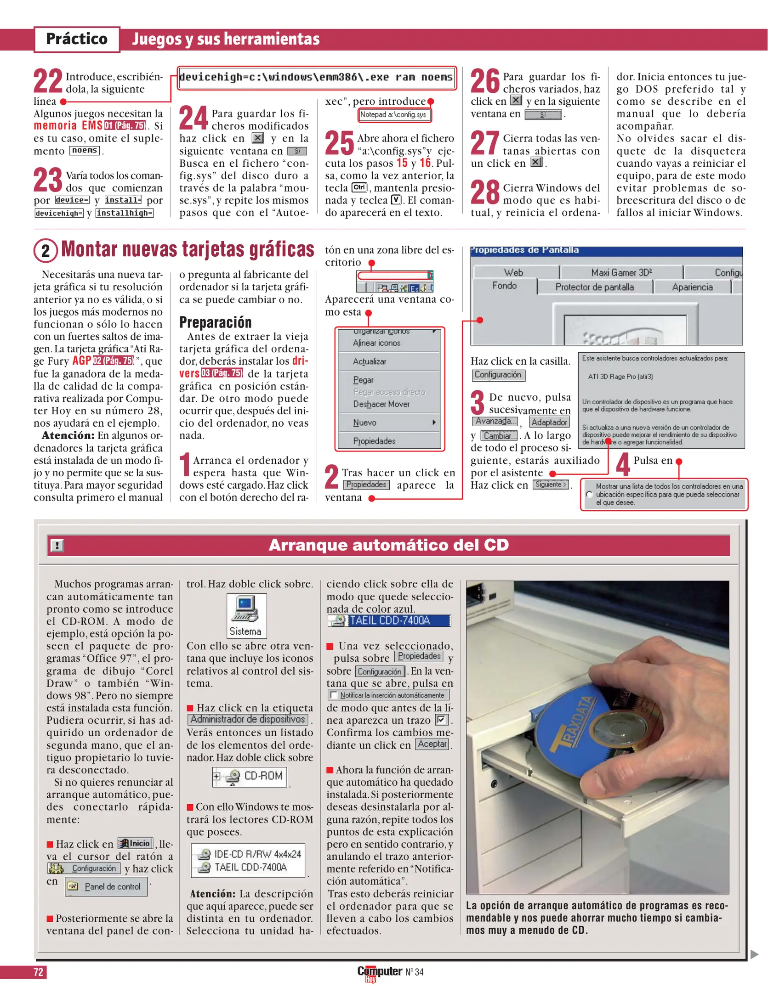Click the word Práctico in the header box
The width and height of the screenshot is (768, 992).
coord(77,39)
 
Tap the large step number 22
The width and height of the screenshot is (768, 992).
coord(48,81)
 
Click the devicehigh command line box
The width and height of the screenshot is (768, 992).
coord(316,77)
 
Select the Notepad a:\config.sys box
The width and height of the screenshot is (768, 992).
coord(394,115)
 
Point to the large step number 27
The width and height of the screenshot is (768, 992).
coord(484,143)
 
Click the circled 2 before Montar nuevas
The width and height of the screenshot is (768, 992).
coord(46,251)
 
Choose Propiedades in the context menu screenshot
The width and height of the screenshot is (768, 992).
coord(374,441)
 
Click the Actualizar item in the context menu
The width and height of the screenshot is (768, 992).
coord(370,361)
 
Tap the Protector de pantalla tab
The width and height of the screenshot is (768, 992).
coord(594,287)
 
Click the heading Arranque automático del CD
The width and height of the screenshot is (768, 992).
coord(388,545)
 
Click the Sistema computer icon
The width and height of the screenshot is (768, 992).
coord(246,609)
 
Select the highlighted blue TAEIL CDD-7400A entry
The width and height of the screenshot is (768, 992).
coord(389,620)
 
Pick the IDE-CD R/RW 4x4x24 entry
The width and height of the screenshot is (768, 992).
coord(250,854)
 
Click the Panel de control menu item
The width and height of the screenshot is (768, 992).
coord(106,886)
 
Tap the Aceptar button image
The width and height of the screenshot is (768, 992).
coord(432,744)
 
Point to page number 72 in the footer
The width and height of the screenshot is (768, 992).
coord(38,972)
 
